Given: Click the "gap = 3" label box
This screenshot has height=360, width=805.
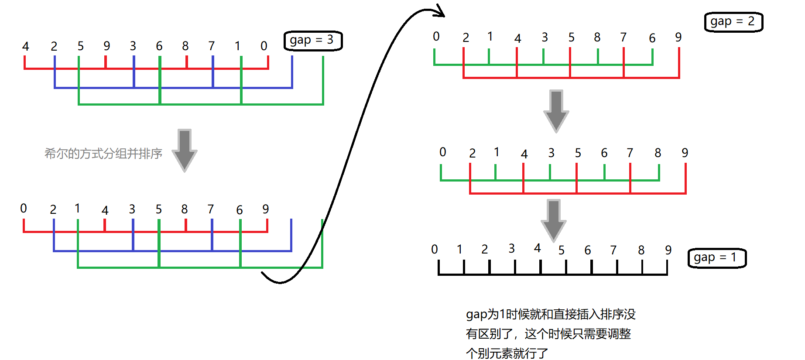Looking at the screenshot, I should click(x=313, y=41).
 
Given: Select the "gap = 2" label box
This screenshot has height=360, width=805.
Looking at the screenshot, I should click(x=733, y=22).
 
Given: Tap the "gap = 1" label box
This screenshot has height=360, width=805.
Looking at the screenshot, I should click(x=717, y=258).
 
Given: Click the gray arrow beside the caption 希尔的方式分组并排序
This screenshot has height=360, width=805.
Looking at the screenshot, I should click(x=185, y=150).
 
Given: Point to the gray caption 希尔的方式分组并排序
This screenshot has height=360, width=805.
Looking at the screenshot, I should click(x=103, y=154).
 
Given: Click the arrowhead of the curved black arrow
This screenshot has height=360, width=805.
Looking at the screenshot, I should click(x=440, y=11).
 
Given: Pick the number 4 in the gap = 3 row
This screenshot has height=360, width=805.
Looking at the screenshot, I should click(x=26, y=46).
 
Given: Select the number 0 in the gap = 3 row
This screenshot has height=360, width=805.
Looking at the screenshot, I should click(x=264, y=46).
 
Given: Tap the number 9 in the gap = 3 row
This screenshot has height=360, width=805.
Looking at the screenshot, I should click(x=107, y=46).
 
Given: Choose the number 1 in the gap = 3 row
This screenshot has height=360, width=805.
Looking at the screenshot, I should click(x=237, y=46).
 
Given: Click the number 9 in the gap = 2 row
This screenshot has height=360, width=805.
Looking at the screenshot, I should click(x=678, y=37).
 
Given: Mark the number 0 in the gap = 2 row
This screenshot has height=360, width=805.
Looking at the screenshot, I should click(x=436, y=37).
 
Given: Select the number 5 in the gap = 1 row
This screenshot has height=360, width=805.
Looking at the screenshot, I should click(x=562, y=250).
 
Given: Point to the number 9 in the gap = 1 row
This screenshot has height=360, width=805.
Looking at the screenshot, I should click(x=668, y=250).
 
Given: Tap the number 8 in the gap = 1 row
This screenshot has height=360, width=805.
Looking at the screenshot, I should click(x=641, y=250).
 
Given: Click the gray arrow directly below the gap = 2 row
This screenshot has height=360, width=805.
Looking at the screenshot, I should click(x=556, y=111).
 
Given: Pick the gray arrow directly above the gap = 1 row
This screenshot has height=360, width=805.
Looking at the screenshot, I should click(x=554, y=220).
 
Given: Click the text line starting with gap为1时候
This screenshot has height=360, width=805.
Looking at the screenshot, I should click(x=551, y=314).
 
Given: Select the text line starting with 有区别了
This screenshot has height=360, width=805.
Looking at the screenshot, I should click(x=548, y=334).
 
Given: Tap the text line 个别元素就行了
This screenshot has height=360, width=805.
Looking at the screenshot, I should click(x=507, y=353).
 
